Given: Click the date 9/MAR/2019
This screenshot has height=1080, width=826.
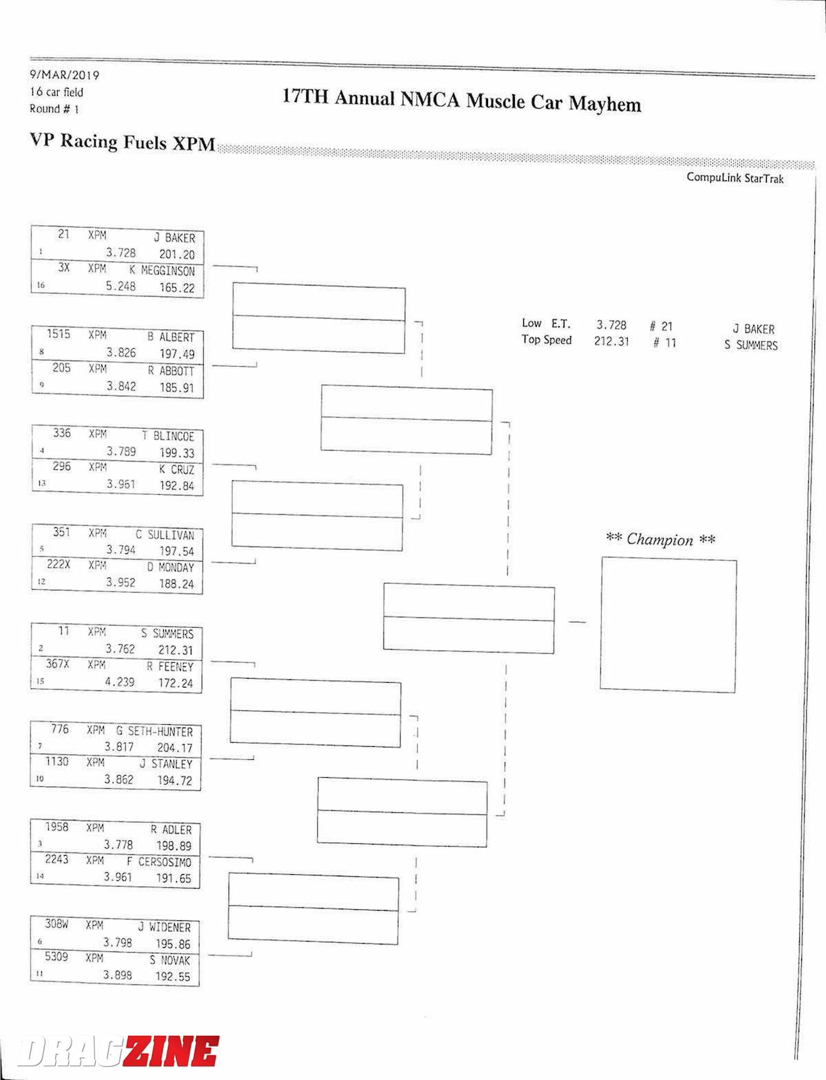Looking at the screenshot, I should (64, 75).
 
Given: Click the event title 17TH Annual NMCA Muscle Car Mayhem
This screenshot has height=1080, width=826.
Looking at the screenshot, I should (461, 100).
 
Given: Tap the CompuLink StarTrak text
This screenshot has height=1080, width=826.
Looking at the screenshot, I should (734, 178).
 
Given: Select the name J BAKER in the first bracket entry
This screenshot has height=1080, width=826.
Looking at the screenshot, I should (174, 237).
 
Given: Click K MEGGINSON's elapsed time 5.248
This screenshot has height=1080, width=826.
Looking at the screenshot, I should (120, 286).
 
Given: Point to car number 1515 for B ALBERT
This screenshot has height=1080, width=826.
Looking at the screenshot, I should (59, 334).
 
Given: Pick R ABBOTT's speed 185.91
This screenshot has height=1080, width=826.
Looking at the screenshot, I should (177, 388).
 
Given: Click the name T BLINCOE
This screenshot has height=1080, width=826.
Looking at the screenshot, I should (168, 436).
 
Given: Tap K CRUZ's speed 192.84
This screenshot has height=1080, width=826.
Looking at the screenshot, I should (177, 486).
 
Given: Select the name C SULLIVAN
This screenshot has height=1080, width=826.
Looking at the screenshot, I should (165, 535).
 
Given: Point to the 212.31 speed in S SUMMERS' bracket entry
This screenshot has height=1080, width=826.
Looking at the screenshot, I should (176, 650).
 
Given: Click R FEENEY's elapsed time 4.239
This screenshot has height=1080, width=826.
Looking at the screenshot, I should (120, 681).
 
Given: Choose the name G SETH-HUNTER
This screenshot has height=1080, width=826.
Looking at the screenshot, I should (154, 731).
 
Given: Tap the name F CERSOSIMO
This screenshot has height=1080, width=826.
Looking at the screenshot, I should (159, 862).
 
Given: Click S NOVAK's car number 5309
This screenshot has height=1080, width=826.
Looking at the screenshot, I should (56, 956).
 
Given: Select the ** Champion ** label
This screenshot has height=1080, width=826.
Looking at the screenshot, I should (660, 539).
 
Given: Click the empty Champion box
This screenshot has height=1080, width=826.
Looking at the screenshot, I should (668, 624).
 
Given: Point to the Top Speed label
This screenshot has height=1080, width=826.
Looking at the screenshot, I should (546, 340).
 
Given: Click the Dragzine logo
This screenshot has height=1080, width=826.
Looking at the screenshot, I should (117, 1051).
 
